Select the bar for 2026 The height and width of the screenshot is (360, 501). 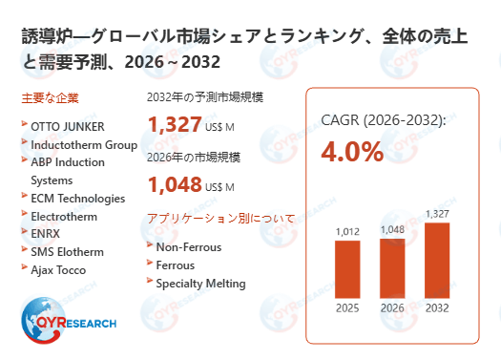pyautogui.click(x=393, y=266)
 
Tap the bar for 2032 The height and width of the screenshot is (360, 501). pyautogui.click(x=437, y=260)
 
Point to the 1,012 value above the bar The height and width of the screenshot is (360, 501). pyautogui.click(x=347, y=230)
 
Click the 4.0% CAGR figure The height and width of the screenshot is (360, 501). pyautogui.click(x=352, y=152)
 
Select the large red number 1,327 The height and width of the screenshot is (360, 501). pyautogui.click(x=176, y=124)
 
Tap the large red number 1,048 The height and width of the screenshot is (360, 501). pyautogui.click(x=176, y=183)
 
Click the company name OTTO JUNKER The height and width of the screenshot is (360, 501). pyautogui.click(x=68, y=126)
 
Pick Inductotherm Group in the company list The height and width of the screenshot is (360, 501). pyautogui.click(x=84, y=145)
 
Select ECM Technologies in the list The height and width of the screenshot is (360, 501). pyautogui.click(x=77, y=198)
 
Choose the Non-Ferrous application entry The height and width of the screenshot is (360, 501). pyautogui.click(x=189, y=246)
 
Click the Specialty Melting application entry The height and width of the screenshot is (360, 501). pyautogui.click(x=201, y=283)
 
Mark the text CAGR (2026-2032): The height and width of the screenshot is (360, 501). pyautogui.click(x=384, y=120)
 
